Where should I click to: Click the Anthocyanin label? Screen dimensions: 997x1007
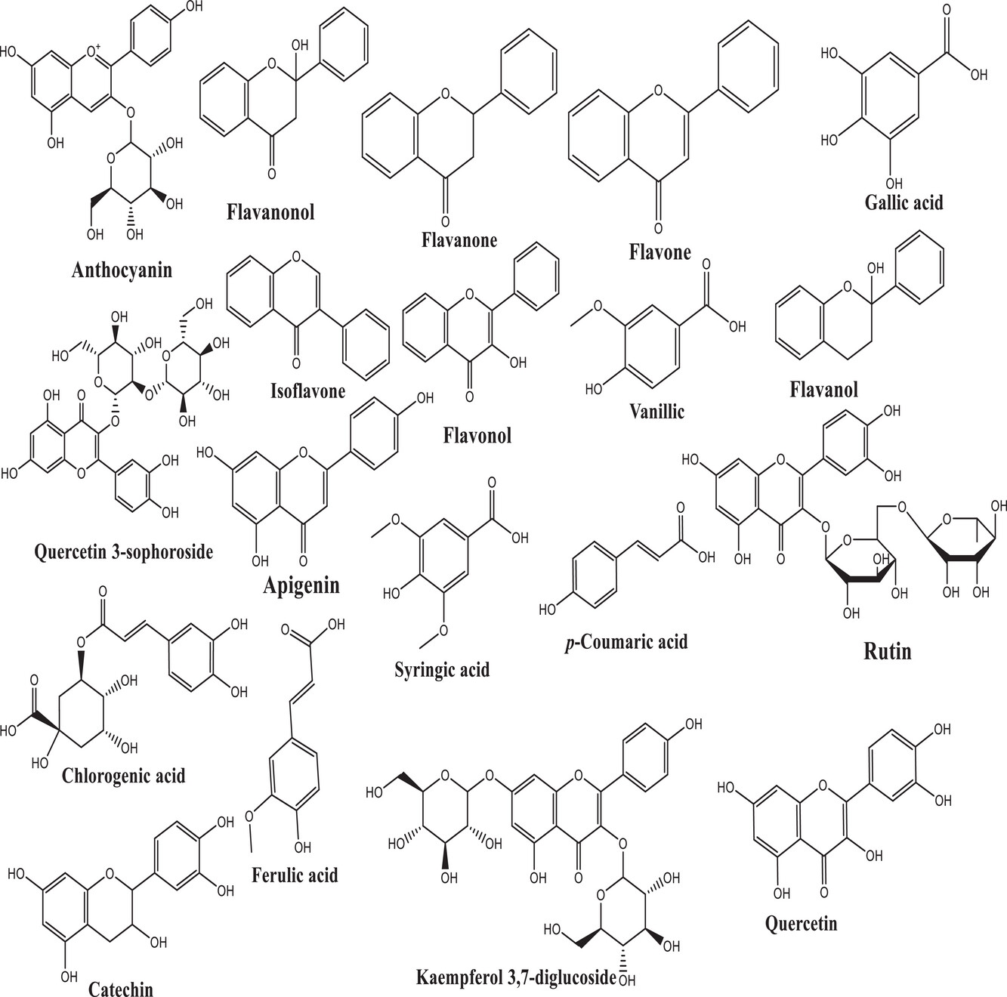[x=122, y=270]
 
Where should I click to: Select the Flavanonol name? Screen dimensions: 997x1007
[x=270, y=211]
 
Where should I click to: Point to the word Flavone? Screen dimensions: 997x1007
[x=659, y=252]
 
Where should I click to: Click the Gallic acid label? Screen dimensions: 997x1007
[x=904, y=202]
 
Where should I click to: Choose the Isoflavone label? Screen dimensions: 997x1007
[x=307, y=390]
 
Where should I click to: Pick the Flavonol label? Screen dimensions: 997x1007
[x=477, y=435]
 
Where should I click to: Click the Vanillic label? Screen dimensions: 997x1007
[x=656, y=411]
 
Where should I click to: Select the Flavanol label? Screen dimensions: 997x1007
[x=823, y=389]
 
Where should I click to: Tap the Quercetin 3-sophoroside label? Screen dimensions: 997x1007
[x=124, y=551]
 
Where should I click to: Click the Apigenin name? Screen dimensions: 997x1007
[x=301, y=585]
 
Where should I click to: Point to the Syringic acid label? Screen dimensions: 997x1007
[x=442, y=669]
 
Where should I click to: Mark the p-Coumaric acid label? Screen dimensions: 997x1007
[x=626, y=642]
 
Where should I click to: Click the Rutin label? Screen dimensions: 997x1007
[x=888, y=650]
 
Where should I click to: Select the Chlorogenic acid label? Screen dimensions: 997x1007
[x=124, y=775]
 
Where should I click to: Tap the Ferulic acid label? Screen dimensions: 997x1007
[x=295, y=875]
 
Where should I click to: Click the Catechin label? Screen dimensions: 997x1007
[x=121, y=989]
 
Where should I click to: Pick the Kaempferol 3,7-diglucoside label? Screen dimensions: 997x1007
[x=516, y=977]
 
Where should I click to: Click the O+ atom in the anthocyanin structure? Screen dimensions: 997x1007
[x=95, y=51]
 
